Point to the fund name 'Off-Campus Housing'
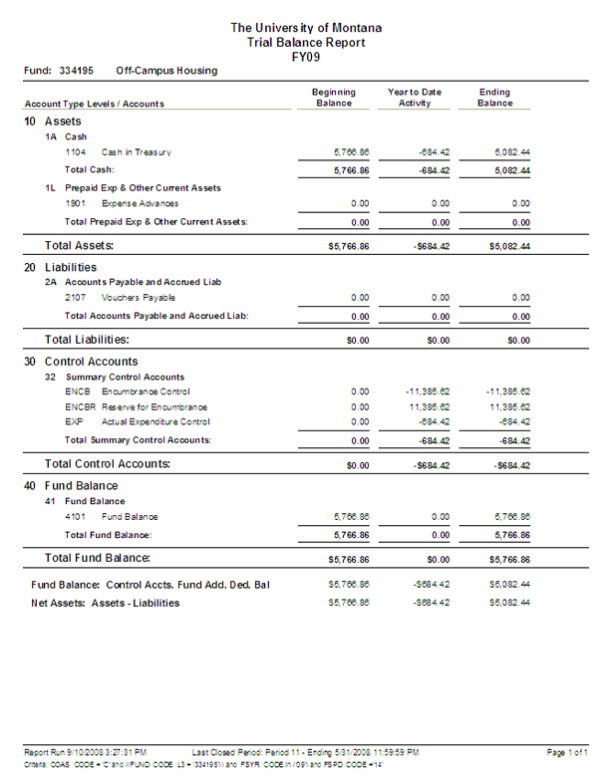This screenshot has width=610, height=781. click(166, 72)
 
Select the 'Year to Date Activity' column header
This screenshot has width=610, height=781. click(415, 97)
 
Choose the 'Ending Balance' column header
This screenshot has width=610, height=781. click(494, 97)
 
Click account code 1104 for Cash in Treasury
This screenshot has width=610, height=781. click(75, 152)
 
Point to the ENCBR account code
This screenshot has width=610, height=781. click(78, 406)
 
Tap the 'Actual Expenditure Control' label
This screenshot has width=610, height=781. click(153, 421)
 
